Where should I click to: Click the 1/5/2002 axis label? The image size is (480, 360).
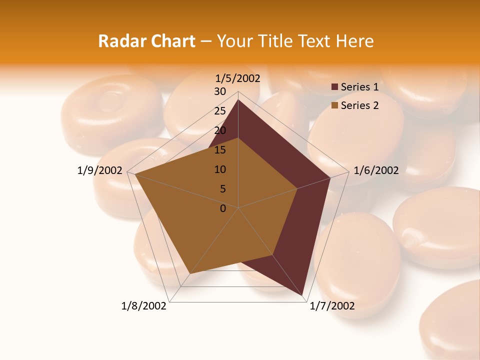coord(238,78)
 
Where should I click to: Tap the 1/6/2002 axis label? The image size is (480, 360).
coord(376,170)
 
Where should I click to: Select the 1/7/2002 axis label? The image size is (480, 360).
coord(332,306)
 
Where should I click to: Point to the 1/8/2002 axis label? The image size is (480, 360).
coord(144,306)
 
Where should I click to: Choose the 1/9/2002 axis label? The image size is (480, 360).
coord(100,170)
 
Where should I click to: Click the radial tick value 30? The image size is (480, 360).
coord(220,91)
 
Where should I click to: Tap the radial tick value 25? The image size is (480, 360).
coord(220,111)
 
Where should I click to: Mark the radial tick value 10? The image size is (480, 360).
coord(220,169)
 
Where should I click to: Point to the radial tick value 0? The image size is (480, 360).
coord(223,208)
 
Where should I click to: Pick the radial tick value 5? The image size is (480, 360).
coord(223,189)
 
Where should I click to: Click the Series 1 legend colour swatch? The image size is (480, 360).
coord(334,87)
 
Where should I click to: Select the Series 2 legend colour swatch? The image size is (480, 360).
coord(334,105)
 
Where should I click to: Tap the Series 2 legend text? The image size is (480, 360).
coord(359,105)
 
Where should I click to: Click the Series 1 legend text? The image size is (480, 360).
coord(359,87)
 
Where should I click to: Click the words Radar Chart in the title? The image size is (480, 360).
coord(146,41)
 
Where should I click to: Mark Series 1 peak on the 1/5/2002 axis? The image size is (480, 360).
coord(238,99)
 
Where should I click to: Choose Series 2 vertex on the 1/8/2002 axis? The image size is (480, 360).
coord(189,274)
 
